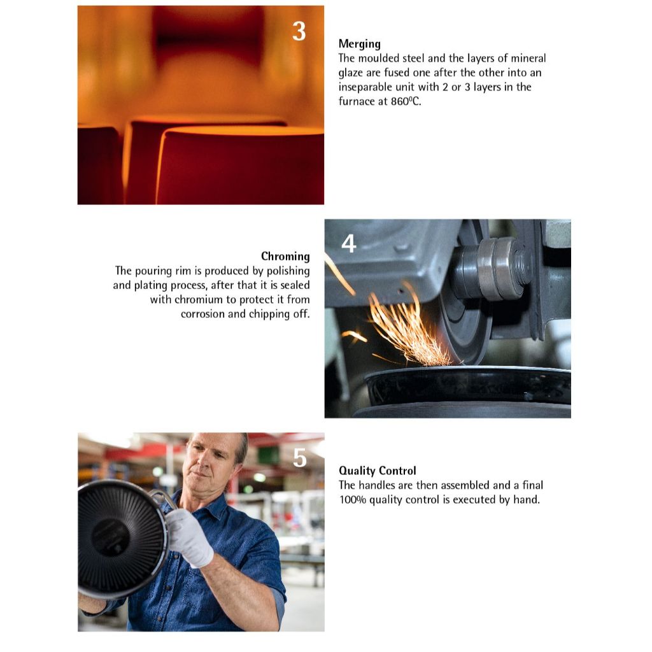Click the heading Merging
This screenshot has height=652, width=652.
click(x=359, y=44)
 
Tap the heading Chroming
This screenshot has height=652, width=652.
click(x=285, y=257)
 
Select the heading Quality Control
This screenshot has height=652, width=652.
click(x=377, y=471)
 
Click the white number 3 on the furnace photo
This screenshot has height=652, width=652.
click(x=299, y=31)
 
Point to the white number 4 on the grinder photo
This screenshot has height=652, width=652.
click(x=348, y=244)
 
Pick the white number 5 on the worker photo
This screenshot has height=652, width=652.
click(x=299, y=458)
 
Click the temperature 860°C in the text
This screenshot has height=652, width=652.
click(x=406, y=101)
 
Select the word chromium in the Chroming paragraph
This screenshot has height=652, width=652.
click(x=199, y=300)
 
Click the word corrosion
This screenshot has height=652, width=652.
click(x=202, y=315)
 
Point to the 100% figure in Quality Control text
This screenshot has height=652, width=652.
click(x=353, y=500)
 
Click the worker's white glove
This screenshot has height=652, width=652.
click(x=189, y=537)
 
